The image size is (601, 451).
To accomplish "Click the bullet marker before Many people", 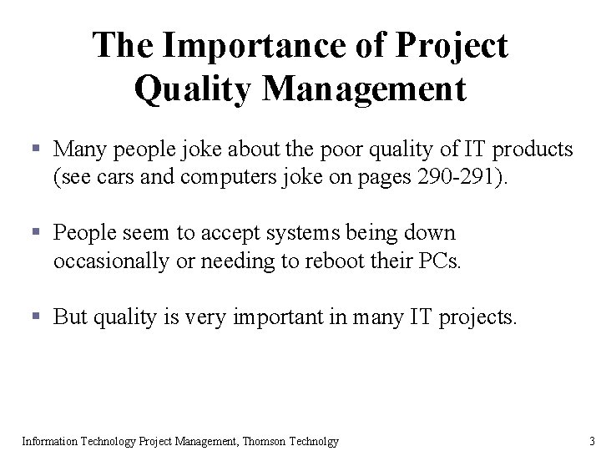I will tap(35, 150).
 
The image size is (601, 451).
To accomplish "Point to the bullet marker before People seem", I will tap(35, 232).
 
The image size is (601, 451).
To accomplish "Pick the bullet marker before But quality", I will tap(35, 317).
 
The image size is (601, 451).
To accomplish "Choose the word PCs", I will tap(439, 261).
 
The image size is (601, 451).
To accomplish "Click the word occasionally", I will tap(108, 261).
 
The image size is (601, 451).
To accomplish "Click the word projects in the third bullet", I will tap(478, 317).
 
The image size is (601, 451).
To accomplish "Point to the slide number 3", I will tap(591, 441).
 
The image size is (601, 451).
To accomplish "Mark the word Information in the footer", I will tap(49, 441).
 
